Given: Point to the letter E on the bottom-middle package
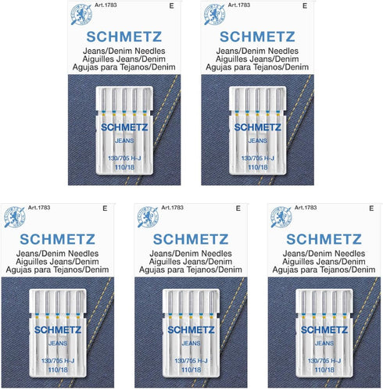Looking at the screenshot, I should [x=236, y=209].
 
